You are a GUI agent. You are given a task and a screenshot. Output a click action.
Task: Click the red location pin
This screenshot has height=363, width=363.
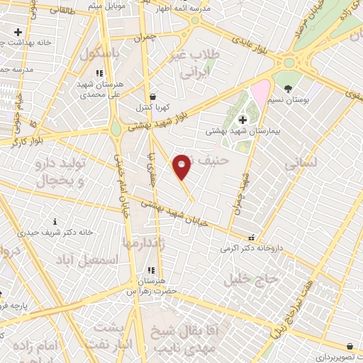(182, 167)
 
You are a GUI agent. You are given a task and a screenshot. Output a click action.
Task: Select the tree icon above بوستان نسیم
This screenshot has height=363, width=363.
(288, 88)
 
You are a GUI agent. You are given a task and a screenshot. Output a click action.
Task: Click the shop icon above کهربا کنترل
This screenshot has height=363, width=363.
(153, 96)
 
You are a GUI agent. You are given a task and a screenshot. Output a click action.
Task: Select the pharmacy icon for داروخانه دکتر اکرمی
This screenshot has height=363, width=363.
(250, 238)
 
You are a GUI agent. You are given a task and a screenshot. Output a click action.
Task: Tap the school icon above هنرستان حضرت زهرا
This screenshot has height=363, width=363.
(150, 270)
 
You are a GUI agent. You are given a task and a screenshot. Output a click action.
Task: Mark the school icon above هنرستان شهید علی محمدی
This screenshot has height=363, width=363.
(100, 73)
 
